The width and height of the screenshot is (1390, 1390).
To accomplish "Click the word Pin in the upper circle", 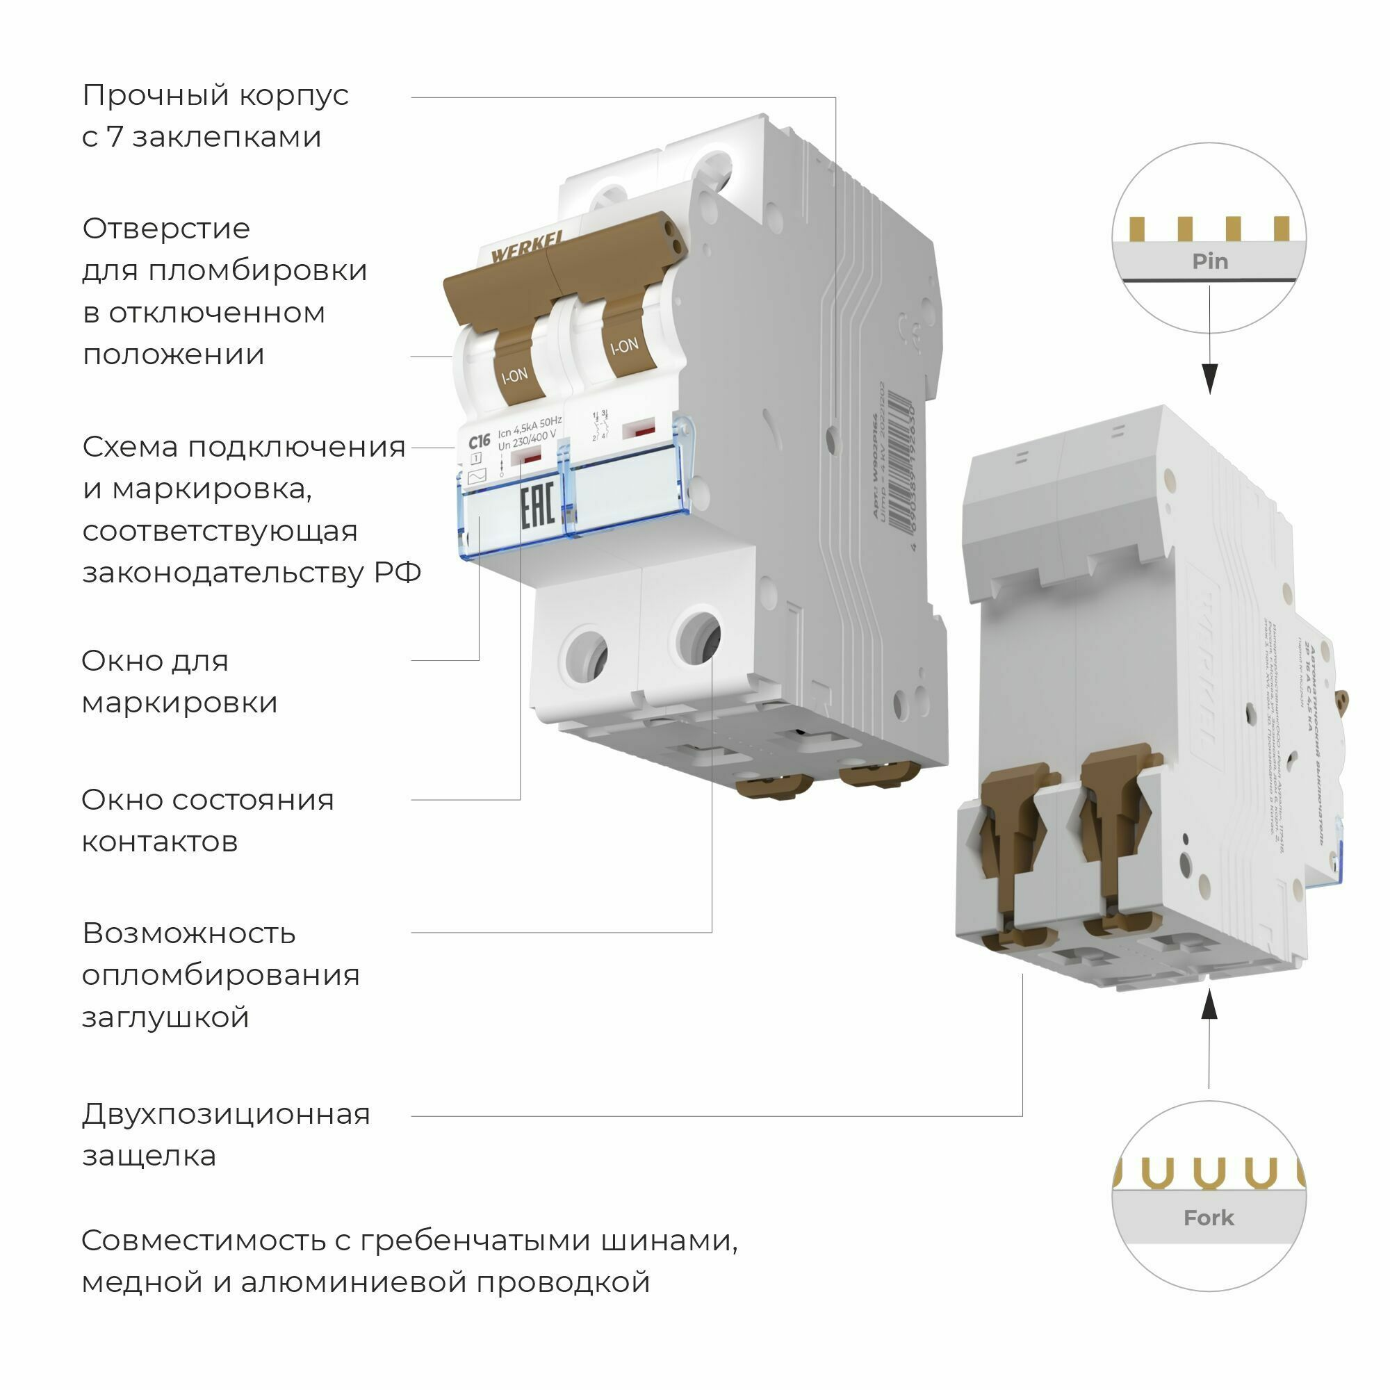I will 1209,261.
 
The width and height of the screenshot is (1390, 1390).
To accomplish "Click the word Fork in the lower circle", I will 1209,1218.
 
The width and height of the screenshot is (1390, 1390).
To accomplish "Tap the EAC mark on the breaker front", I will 537,507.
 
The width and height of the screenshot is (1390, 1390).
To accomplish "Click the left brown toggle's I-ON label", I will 514,375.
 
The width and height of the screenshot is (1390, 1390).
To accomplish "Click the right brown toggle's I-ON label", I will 624,347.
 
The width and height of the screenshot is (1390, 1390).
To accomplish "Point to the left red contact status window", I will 531,457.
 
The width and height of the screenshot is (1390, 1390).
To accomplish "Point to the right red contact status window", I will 639,431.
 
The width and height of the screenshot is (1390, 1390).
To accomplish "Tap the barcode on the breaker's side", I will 899,461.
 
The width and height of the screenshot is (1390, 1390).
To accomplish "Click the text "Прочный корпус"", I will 215,96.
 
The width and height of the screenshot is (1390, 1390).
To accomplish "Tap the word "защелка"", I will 149,1156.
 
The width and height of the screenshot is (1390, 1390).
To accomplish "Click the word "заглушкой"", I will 165,1017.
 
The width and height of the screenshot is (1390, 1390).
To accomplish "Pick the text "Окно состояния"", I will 207,799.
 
